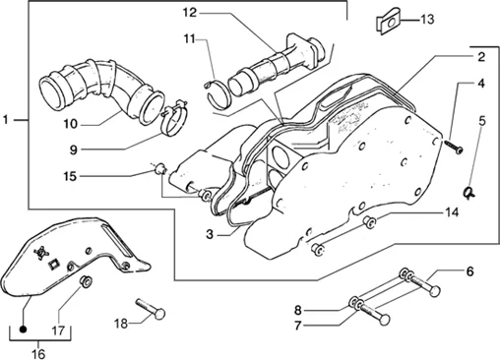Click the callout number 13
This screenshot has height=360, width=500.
pos(427,20)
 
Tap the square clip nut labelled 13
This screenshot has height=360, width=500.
pos(388,24)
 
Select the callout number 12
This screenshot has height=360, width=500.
pos(190,13)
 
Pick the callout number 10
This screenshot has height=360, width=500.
pos(70,124)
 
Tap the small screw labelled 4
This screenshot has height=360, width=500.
pos(454,147)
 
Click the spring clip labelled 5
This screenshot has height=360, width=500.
pos(469,192)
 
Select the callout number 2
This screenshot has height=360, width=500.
pos(480,57)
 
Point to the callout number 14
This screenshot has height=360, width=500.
pos(451,212)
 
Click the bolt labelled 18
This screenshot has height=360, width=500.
pos(151,308)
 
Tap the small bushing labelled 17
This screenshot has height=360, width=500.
pos(87,282)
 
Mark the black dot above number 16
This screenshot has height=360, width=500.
pos(23,329)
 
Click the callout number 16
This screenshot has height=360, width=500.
pos(37,354)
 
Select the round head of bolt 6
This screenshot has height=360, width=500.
pos(434,291)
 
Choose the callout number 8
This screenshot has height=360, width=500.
pos(297,310)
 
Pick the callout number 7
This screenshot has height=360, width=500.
pos(297,326)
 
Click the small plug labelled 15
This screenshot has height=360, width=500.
pos(159,168)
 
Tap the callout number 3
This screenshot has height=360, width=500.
pos(210,235)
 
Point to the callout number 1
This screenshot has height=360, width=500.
pos(6,120)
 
